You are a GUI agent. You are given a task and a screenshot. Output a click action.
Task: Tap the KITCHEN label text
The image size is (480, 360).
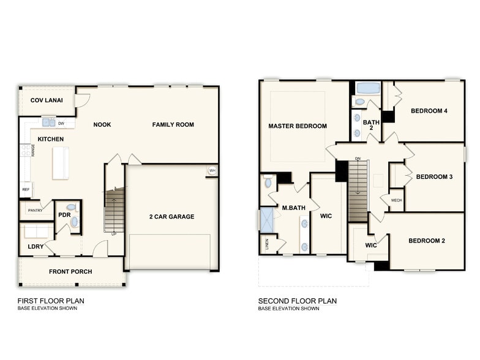50,139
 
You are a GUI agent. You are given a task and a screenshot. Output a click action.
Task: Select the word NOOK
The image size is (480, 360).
102,124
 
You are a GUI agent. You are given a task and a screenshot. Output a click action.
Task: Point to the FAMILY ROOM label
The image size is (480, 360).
173,124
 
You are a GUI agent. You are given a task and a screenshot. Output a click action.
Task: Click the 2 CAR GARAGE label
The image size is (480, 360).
171,216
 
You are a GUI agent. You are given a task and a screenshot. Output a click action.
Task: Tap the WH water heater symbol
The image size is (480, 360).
212,170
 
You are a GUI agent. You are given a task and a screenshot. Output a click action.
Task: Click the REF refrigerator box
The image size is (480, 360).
26,190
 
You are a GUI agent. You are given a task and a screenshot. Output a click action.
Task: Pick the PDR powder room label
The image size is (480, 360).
64,215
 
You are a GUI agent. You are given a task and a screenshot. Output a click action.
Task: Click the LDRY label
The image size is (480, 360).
36,246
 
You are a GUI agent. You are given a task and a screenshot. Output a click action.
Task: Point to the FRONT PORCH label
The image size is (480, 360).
70,271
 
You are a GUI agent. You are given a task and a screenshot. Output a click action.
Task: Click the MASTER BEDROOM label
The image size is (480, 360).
298,126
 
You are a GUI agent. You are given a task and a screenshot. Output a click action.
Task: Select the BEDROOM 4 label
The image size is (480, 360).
429,111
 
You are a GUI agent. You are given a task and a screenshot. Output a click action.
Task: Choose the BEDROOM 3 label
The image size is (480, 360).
434,177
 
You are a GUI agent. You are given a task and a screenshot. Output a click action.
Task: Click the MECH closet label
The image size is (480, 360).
397,200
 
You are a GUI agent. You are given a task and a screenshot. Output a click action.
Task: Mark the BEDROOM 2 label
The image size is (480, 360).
427,241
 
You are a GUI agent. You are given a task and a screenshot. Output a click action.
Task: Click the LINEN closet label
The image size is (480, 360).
266,244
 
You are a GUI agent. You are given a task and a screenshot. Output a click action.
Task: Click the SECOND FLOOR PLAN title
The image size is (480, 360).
298,301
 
